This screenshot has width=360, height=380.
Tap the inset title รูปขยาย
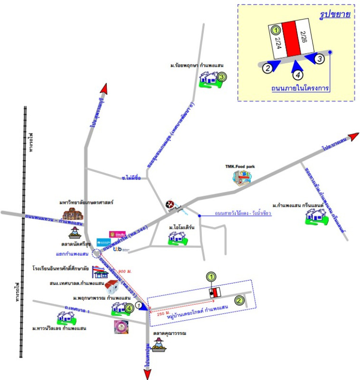pyautogui.click(x=336, y=15)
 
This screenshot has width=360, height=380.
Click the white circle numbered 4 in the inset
pyautogui.click(x=298, y=75)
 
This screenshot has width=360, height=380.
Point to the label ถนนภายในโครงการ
pyautogui.click(x=300, y=88)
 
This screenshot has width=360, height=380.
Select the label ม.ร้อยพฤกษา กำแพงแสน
pyautogui.click(x=197, y=65)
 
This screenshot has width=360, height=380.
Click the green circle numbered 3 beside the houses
pyautogui.click(x=221, y=76)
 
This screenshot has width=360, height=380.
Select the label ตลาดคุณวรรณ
pyautogui.click(x=169, y=333)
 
